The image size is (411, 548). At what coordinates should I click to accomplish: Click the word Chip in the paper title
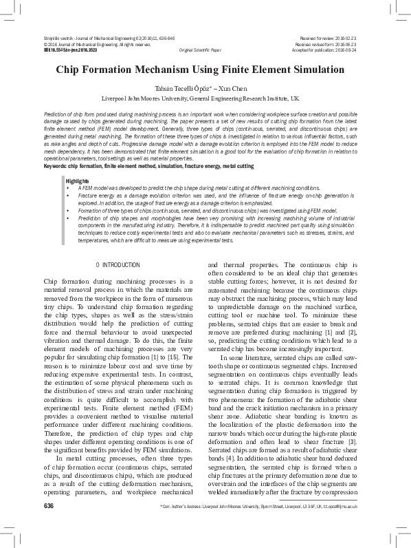67,71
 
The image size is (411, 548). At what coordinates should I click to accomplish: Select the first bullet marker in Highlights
68,187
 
